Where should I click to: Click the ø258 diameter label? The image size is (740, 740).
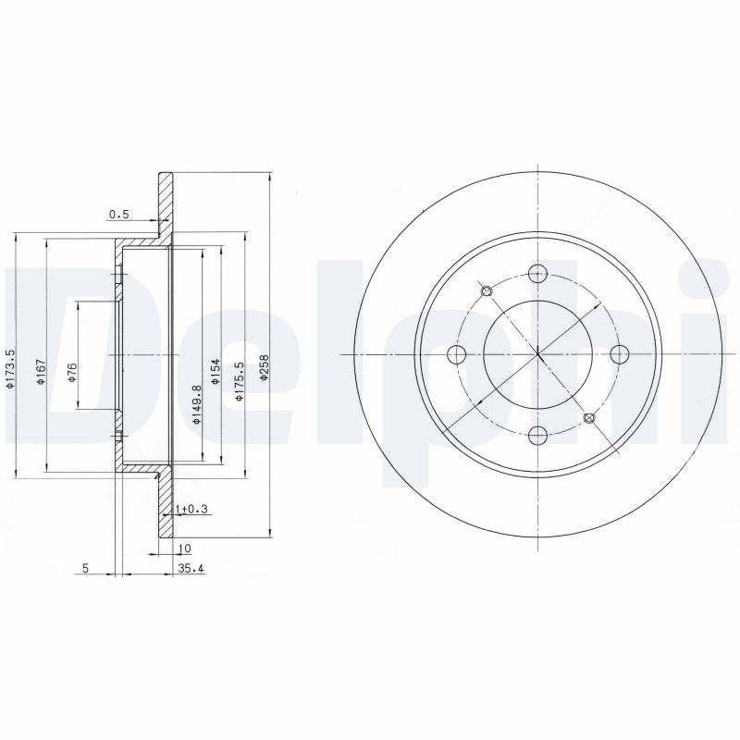[264, 368]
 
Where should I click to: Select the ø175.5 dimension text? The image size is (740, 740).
[240, 381]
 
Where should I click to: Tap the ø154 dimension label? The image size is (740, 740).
[216, 372]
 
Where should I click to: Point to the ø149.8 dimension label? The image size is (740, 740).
[197, 404]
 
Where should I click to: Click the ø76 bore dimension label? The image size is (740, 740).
[72, 372]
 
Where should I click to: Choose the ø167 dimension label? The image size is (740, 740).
[41, 372]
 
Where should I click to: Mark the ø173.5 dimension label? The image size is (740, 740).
[10, 369]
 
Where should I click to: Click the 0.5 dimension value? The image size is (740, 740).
[119, 215]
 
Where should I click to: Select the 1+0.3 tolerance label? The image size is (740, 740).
[191, 510]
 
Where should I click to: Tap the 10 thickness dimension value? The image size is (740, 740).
[185, 549]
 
